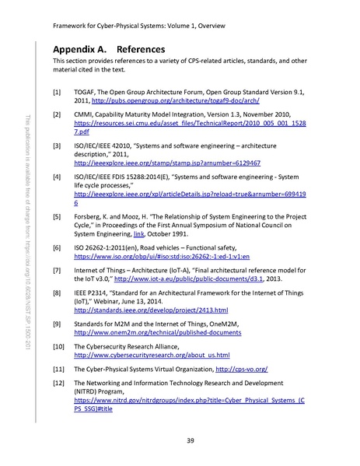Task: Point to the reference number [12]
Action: coord(59,384)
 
